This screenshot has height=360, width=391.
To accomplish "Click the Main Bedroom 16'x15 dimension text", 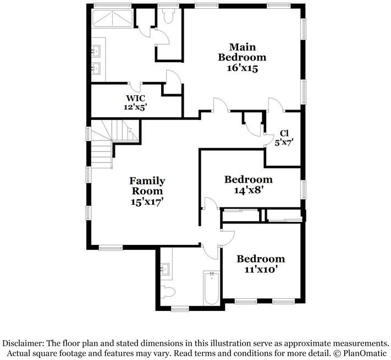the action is tap(242, 68).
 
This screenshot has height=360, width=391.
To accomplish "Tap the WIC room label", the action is tap(135, 98).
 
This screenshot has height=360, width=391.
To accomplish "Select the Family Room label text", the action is tap(147, 186).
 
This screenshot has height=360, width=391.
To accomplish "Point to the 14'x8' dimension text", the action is tap(249, 190).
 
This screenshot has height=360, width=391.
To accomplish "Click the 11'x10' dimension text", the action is tap(261, 270).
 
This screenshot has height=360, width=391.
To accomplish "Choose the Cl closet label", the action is tap(284, 133).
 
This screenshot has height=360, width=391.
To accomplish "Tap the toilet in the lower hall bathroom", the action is tap(168, 292).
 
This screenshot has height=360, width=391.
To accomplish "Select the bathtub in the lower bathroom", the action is tap(212, 288).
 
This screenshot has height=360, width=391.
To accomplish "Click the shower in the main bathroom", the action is tap(113, 19).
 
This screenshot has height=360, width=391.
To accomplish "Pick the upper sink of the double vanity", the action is tap(96, 51).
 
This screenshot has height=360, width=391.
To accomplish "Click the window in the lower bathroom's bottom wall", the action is tap(180, 309).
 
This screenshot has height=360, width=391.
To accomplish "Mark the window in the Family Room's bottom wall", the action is tap(111, 248).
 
